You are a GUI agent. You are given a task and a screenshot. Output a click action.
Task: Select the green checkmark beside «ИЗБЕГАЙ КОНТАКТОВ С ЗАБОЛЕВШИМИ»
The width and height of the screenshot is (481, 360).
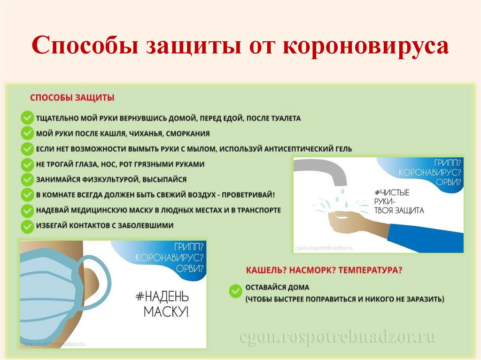pos(27,225)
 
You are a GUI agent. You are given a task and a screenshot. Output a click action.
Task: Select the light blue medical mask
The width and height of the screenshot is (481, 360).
pos(52,291)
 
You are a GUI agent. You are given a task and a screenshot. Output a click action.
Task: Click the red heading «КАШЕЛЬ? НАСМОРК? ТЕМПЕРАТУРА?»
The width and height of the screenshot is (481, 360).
pos(324,270)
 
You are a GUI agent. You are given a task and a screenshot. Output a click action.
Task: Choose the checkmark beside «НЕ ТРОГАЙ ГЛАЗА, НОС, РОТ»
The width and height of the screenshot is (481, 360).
pos(27,164)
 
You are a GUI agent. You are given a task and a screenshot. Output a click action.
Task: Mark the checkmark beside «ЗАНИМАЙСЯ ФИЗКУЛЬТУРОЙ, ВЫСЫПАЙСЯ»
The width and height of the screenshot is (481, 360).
pos(27,180)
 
